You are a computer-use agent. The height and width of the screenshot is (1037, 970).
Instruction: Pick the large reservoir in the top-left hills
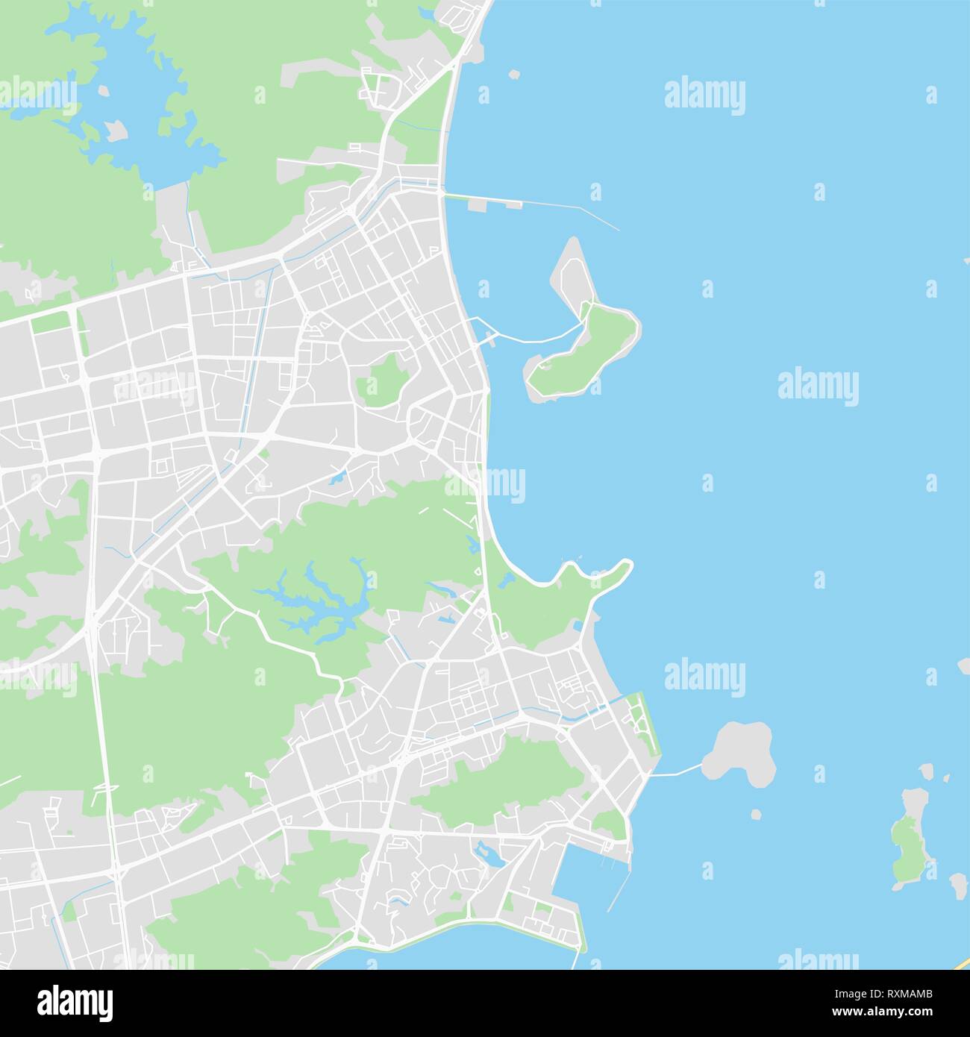[142, 112]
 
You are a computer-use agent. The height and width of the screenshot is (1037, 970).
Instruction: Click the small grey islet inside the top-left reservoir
[113, 133]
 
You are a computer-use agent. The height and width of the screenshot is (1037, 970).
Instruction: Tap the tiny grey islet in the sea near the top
[513, 74]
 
